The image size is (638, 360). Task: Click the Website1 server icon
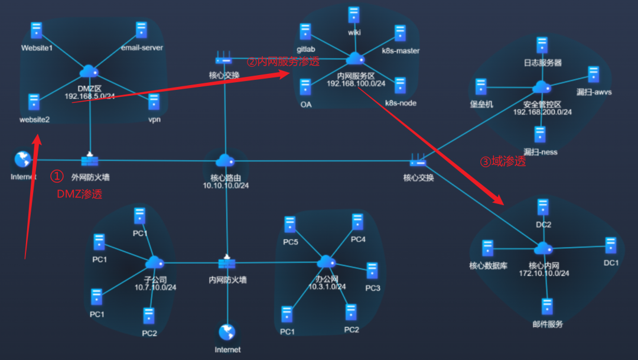pos(37,31)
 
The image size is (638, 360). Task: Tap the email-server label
pos(142,47)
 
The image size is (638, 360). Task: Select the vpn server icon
pos(154,102)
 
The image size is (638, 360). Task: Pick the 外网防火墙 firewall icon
pos(90,160)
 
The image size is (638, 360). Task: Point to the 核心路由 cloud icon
pos(225,160)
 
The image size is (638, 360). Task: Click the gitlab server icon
pos(305,32)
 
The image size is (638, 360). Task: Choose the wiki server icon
pos(354,15)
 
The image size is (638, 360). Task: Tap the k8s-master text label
pos(401,51)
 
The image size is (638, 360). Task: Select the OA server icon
pos(305,87)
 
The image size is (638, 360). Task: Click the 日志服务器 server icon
pos(542,45)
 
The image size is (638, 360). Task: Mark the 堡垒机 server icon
pos(481,87)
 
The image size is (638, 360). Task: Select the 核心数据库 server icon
pos(488,248)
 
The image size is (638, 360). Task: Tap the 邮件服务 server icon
pos(547,307)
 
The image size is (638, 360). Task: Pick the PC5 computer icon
pos(289,225)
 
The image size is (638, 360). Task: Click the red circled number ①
pos(56,176)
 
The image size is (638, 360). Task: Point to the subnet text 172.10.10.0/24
pos(544,274)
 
